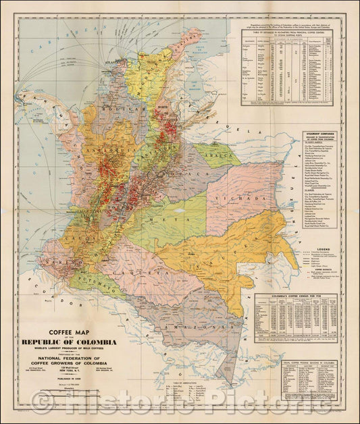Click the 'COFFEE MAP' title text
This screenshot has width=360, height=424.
71,332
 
